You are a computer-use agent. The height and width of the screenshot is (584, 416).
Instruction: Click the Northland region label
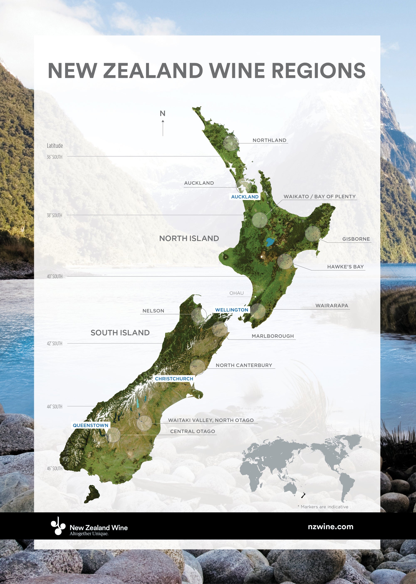click(269, 140)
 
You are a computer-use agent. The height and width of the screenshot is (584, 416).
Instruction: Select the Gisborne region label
click(356, 239)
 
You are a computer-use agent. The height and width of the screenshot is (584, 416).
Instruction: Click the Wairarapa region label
click(332, 306)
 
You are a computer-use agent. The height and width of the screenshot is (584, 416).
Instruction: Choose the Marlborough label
click(272, 336)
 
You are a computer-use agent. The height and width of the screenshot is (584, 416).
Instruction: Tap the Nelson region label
click(153, 311)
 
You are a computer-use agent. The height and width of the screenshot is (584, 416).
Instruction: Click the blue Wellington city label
click(232, 310)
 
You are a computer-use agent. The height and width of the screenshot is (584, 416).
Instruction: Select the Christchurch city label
click(174, 379)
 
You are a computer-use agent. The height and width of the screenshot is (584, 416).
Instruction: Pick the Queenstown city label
click(90, 425)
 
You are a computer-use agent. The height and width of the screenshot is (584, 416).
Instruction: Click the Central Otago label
click(192, 431)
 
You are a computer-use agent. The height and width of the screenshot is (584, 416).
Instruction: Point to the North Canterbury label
click(244, 365)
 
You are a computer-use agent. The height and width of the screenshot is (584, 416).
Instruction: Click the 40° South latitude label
click(54, 277)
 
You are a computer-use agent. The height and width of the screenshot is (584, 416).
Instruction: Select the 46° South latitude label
click(54, 468)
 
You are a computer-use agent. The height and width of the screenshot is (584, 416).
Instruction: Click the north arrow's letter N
click(162, 113)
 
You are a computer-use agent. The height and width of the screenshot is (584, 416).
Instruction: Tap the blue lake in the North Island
click(270, 242)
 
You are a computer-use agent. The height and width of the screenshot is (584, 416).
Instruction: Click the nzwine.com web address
click(331, 527)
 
